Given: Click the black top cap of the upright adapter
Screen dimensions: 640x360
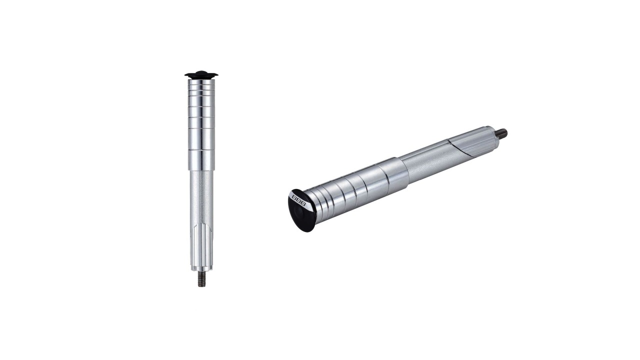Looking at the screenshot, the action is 201,75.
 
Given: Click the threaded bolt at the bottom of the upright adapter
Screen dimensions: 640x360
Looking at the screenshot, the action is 201,278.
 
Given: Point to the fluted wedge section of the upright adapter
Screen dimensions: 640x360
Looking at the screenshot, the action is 201,245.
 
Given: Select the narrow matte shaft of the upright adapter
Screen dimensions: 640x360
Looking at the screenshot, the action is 201,197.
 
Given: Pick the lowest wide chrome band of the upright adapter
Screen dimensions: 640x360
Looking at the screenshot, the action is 201,160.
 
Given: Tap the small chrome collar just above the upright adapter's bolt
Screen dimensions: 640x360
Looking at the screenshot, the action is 201,268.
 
